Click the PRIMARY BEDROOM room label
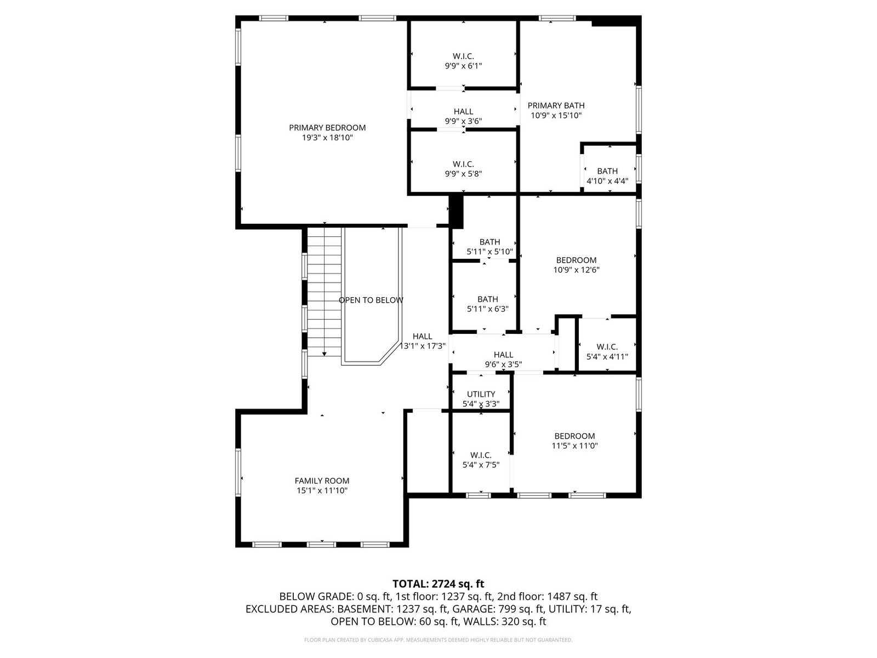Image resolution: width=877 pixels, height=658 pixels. coord(327,128)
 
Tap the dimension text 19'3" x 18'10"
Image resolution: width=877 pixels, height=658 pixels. coord(327,138)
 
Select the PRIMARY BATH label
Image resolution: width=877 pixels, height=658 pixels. coord(556,105)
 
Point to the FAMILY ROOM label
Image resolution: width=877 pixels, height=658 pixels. coord(322,481)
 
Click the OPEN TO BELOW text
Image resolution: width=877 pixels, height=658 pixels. coord(371,300)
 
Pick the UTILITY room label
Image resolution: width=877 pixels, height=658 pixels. coord(481,394)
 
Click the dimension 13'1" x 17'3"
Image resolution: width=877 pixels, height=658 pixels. coord(423,347)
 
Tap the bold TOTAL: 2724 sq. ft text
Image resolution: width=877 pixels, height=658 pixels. coord(438,584)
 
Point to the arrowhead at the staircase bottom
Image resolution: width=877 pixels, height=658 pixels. coord(324,354)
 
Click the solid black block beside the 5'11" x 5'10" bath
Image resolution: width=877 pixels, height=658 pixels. coord(456,212)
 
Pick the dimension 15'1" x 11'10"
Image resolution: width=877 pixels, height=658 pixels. coord(322,491)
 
